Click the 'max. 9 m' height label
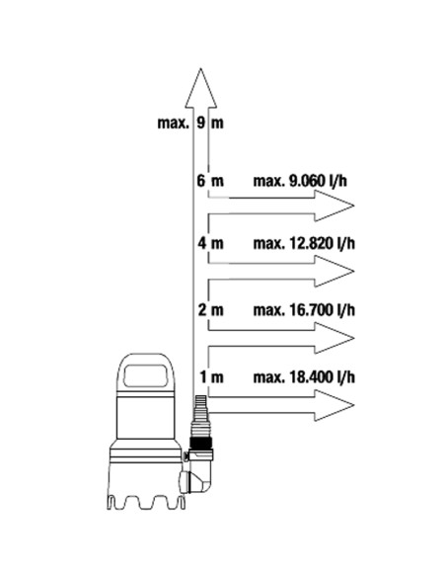click(x=190, y=123)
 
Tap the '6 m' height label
click(x=210, y=181)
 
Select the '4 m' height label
click(x=210, y=243)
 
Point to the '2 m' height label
click(x=210, y=310)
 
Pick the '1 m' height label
click(x=211, y=377)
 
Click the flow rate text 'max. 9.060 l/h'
click(x=300, y=181)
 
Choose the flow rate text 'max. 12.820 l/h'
click(x=304, y=244)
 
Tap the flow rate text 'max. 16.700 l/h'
click(x=304, y=310)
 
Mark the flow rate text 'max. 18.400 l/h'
click(x=304, y=377)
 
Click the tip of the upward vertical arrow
click(x=200, y=68)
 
